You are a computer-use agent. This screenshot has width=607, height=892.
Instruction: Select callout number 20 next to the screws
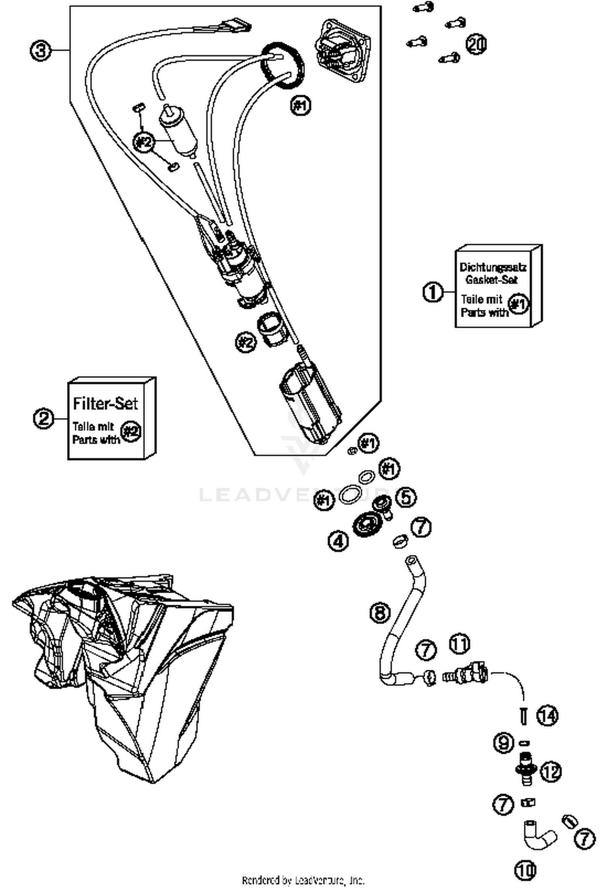pyautogui.click(x=476, y=44)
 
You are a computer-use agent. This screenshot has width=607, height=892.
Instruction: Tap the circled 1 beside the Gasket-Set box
pyautogui.click(x=433, y=291)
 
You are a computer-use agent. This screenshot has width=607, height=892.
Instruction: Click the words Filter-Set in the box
pyautogui.click(x=106, y=404)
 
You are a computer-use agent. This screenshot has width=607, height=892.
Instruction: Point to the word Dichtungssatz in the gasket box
pyautogui.click(x=492, y=268)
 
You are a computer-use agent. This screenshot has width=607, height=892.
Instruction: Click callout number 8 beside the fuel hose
pyautogui.click(x=380, y=612)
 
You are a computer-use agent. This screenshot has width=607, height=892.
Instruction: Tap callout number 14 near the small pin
pyautogui.click(x=547, y=716)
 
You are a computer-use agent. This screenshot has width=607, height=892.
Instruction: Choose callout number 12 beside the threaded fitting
pyautogui.click(x=551, y=771)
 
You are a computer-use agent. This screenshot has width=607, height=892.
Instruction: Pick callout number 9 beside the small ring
pyautogui.click(x=504, y=743)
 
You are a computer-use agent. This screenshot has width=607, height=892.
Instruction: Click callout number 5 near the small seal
pyautogui.click(x=406, y=497)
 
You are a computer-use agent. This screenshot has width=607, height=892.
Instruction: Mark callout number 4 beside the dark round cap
pyautogui.click(x=338, y=541)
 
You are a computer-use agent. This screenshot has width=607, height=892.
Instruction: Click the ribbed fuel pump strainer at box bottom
pyautogui.click(x=310, y=404)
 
